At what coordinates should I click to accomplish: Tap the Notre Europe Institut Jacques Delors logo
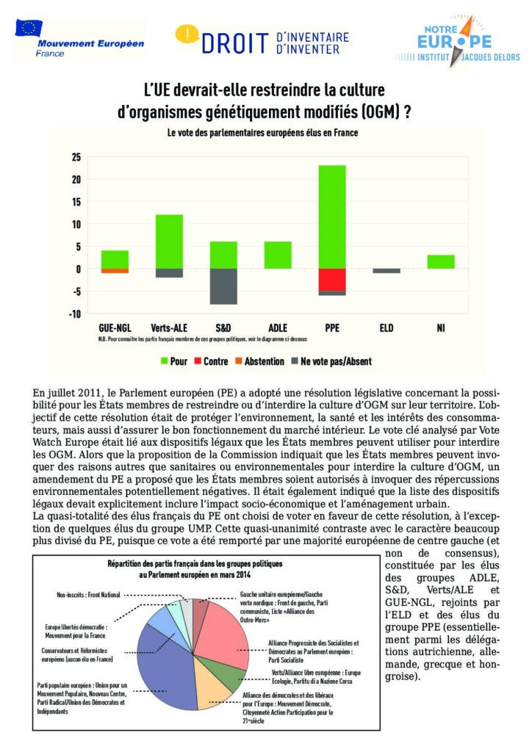[x=457, y=44]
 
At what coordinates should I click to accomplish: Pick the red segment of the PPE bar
[x=332, y=279]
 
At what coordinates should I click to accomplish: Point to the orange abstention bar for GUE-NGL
[x=115, y=271]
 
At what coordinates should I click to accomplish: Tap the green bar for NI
[x=441, y=261]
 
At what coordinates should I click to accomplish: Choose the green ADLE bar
[x=278, y=255]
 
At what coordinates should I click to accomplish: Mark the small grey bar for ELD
[x=387, y=270]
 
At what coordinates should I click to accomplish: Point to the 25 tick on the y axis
[x=76, y=157]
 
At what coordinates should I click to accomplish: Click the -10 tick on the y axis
[x=74, y=314]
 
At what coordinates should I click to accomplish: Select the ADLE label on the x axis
[x=278, y=328]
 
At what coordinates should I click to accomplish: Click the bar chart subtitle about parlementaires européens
[x=263, y=134]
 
